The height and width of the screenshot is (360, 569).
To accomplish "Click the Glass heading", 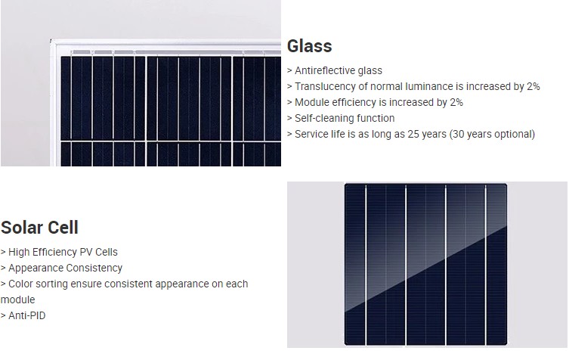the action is (309, 46).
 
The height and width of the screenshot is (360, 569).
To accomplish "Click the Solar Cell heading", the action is (39, 228).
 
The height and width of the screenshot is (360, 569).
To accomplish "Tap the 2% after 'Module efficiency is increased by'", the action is (456, 102).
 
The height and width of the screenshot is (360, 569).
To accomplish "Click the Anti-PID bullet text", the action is (27, 315).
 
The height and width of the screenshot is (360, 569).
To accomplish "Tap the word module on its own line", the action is (18, 299).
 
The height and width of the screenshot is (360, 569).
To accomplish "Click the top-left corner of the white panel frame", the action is (51, 40).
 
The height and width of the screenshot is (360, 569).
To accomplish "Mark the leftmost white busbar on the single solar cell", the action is (366, 265).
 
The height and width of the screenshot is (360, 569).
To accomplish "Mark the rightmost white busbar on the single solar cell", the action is (486, 265).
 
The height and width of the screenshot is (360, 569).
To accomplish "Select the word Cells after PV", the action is (107, 252).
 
